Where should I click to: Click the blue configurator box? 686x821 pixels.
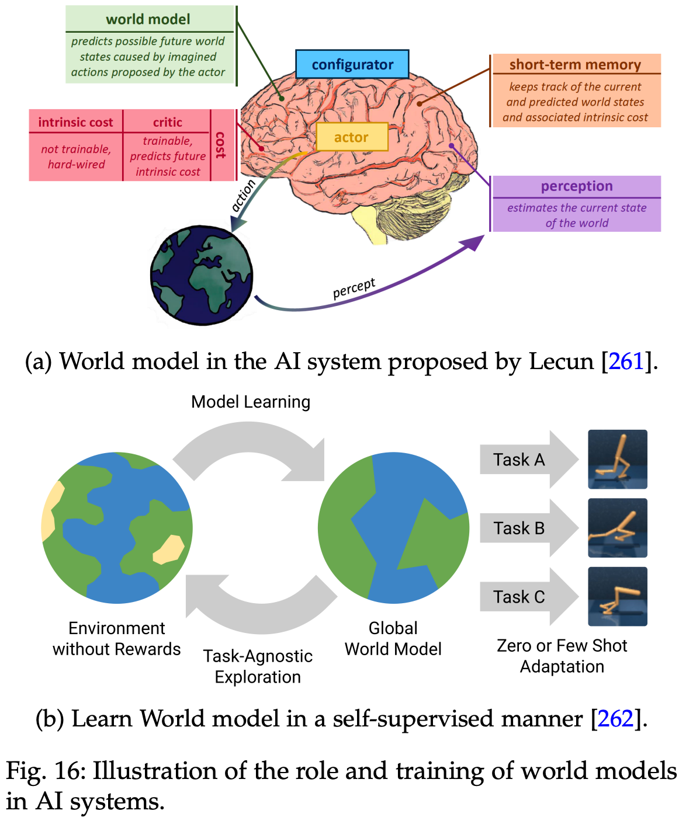[x=352, y=64]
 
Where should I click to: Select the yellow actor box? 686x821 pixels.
[x=352, y=137]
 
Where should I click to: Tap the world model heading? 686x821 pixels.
[x=148, y=19]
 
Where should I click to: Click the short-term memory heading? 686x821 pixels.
[x=575, y=65]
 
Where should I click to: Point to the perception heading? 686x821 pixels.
[x=577, y=186]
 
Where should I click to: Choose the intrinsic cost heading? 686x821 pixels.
[x=76, y=123]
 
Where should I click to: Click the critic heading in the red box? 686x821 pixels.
[x=168, y=123]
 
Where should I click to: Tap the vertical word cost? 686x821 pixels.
[x=221, y=145]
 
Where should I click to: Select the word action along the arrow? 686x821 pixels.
[x=244, y=196]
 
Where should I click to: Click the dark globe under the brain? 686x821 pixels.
[x=202, y=275]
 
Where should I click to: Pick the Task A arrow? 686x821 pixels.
[x=526, y=460]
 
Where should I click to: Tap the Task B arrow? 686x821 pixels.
[x=526, y=528]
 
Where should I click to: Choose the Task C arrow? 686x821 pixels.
[x=526, y=597]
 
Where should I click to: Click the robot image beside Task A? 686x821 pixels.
[x=618, y=460]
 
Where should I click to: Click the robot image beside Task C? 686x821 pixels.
[x=618, y=597]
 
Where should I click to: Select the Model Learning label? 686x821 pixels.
[x=251, y=402]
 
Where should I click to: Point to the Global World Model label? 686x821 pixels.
[x=393, y=638]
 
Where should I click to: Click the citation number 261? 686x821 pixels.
[x=626, y=361]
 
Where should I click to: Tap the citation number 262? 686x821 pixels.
[x=615, y=719]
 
